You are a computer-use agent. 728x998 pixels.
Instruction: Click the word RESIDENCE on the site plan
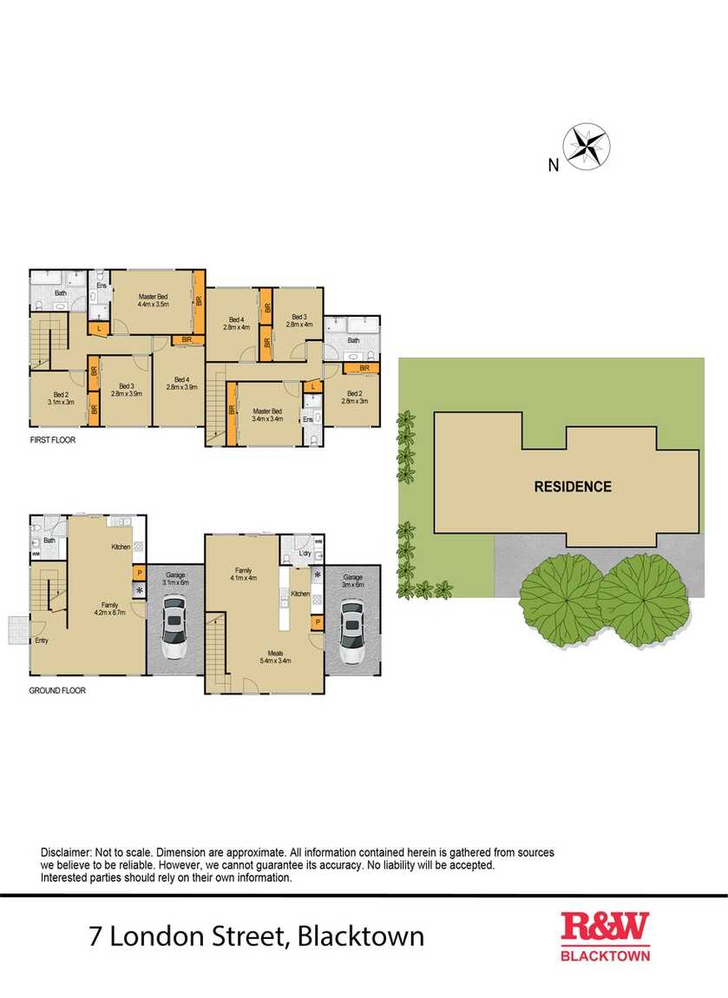[572, 487]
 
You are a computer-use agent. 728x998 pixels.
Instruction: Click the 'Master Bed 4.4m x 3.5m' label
[153, 300]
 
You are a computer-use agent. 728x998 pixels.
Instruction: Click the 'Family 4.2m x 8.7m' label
[110, 608]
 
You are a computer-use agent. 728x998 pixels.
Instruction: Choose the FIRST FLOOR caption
[52, 440]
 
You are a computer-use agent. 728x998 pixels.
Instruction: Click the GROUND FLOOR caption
[57, 691]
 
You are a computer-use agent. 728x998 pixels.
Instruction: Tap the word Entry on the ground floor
[42, 640]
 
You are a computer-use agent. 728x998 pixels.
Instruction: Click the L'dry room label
[304, 553]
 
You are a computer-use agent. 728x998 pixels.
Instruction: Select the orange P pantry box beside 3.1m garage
[138, 573]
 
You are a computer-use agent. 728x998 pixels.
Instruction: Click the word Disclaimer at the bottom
[66, 853]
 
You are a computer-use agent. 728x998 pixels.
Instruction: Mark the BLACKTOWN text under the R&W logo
[605, 955]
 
